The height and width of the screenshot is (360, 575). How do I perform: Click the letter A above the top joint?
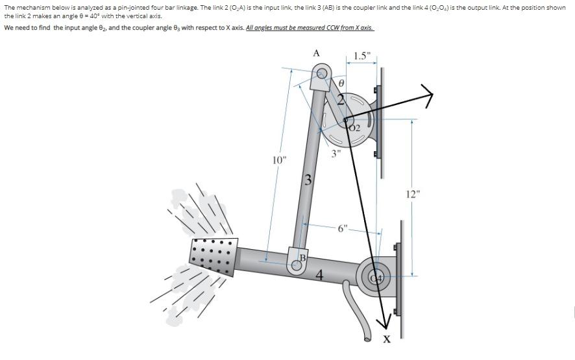tap(316, 53)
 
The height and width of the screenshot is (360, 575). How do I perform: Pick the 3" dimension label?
tap(336, 154)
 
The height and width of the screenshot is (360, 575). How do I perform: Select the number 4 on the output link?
tap(319, 275)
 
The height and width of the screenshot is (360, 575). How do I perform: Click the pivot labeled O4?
tap(376, 278)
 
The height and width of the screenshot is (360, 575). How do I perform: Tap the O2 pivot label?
tap(354, 128)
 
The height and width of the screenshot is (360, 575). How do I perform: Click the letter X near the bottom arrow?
tap(387, 341)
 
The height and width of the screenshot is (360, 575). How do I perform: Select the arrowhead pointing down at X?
tap(384, 322)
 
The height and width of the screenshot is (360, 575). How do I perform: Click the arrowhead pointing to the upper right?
tap(426, 96)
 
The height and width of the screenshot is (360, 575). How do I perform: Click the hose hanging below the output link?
tap(358, 311)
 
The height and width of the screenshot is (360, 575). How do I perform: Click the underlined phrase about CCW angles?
tap(310, 29)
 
